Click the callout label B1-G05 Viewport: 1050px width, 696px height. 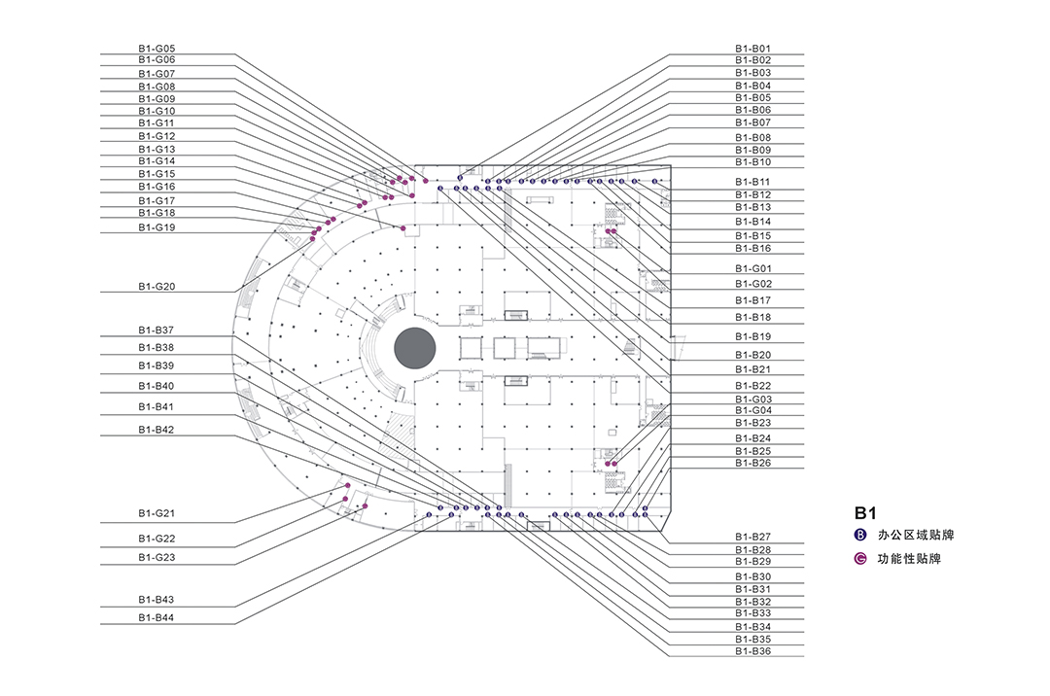coord(156,48)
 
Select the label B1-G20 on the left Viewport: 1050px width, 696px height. coord(156,287)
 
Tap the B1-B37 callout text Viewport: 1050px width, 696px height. coord(156,330)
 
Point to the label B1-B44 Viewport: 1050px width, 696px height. coord(156,617)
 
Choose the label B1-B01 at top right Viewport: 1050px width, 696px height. coord(752,48)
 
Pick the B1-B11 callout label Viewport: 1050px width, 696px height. coord(752,182)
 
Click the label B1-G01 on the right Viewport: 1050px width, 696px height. coord(752,268)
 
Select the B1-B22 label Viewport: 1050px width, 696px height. coord(752,386)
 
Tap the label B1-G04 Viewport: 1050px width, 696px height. coord(752,410)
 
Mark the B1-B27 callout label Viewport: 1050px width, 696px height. coord(752,537)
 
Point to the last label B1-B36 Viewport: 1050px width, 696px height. coord(752,650)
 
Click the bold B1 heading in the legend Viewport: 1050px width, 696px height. coord(866,511)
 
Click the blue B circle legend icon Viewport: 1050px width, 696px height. coord(860,535)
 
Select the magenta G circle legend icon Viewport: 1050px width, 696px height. coord(860,559)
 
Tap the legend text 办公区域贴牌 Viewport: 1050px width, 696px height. coord(909,535)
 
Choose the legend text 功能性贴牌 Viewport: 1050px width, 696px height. coord(903,559)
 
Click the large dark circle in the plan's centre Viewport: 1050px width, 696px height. coord(414,348)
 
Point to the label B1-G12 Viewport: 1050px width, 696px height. coord(156,136)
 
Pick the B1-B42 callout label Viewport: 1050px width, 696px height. coord(156,430)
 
